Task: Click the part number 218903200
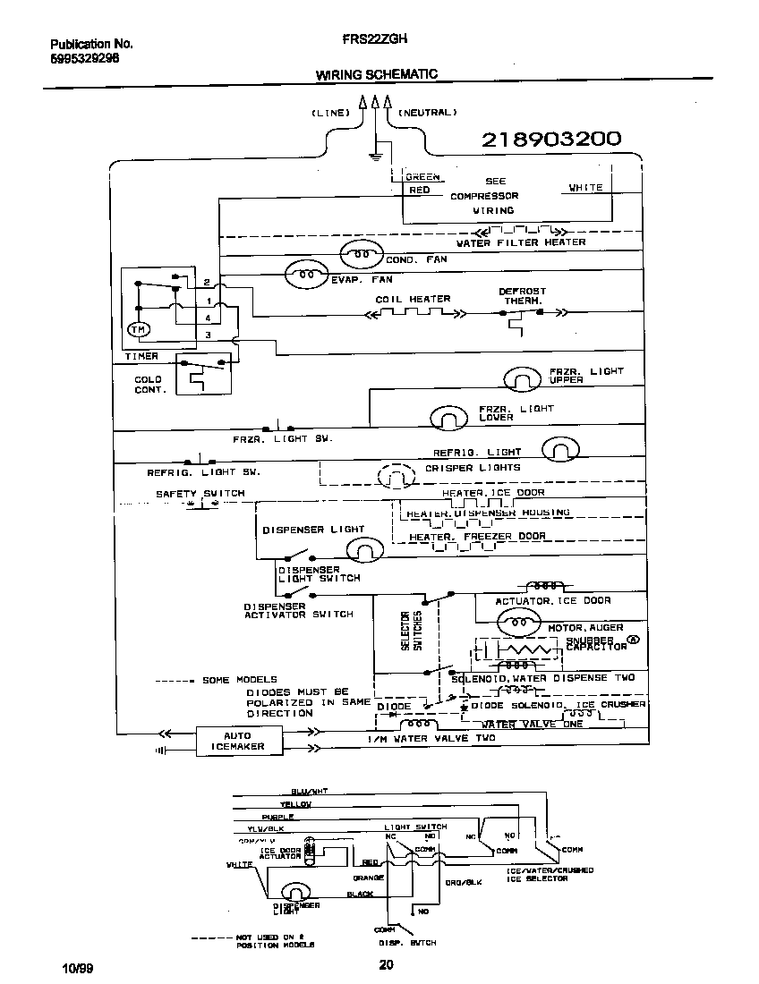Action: (551, 140)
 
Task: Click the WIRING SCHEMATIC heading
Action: (377, 75)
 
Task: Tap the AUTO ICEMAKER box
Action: (238, 742)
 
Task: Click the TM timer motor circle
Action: (139, 330)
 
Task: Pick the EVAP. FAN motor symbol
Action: (308, 274)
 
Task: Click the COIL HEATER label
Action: (413, 299)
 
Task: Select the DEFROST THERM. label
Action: (522, 296)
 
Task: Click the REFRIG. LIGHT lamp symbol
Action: (561, 449)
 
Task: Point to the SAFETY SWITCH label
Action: (200, 494)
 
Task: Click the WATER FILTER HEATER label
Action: (521, 242)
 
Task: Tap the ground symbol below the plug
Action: (376, 159)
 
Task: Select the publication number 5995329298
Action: (85, 58)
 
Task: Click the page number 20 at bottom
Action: (386, 964)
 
